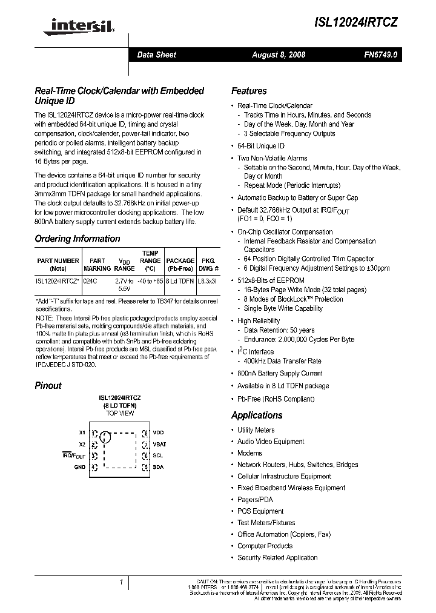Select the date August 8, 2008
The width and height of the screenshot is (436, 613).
279,55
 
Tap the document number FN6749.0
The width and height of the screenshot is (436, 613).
381,55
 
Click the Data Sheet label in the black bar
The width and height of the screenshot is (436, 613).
156,55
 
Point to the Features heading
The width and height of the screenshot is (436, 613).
249,91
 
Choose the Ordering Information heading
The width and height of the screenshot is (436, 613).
78,239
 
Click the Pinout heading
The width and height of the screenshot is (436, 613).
48,385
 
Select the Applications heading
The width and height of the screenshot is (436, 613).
257,416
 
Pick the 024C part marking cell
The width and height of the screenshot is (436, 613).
90,281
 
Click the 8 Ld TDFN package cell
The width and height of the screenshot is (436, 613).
180,281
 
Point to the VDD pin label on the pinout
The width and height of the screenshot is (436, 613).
159,433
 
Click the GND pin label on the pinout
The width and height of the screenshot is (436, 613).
80,467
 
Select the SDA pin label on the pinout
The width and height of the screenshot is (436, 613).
158,467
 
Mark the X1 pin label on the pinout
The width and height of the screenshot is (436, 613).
82,433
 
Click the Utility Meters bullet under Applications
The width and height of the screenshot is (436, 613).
256,430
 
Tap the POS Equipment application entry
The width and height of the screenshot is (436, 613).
260,511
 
